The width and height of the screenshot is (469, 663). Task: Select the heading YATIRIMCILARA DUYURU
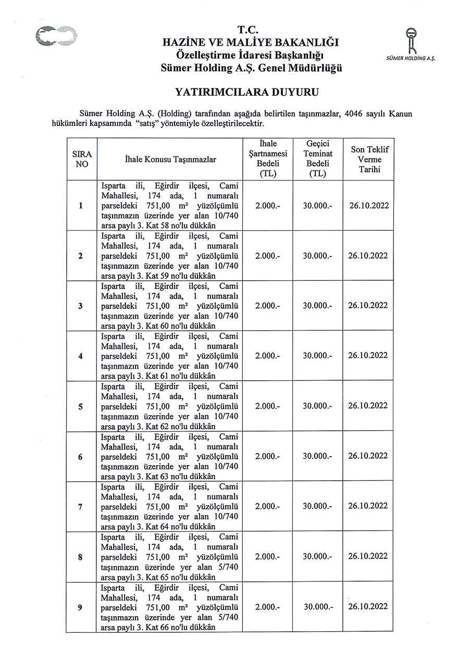tap(246, 93)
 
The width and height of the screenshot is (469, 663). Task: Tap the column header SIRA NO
tap(81, 159)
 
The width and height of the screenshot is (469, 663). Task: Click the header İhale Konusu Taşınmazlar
tap(170, 159)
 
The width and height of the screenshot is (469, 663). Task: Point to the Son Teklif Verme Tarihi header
tap(369, 159)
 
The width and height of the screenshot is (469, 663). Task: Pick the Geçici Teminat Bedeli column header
tap(317, 159)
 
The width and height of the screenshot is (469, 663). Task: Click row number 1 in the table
tap(81, 206)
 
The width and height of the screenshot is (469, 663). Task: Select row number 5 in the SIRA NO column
tap(81, 406)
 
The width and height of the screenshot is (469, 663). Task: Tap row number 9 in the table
tap(81, 607)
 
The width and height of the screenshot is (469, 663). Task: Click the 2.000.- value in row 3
tap(268, 306)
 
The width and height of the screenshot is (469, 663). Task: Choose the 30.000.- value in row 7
tap(317, 506)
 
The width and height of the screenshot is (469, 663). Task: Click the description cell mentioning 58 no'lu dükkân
tap(169, 206)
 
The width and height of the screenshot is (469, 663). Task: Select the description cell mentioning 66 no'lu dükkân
tap(169, 607)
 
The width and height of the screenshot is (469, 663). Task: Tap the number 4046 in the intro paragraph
tap(354, 114)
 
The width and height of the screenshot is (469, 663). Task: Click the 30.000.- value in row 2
tap(317, 256)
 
